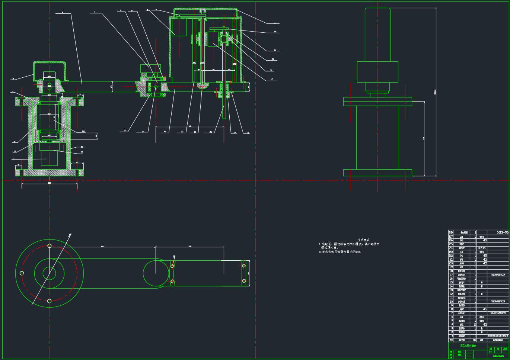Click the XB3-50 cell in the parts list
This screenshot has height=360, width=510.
point(503,232)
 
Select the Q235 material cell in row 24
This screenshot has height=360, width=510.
point(481,248)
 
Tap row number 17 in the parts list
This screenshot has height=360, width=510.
point(451,275)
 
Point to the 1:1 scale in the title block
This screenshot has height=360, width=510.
point(491,351)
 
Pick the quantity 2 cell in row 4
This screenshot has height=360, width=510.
point(475,325)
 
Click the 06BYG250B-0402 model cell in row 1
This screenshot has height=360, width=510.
point(498,336)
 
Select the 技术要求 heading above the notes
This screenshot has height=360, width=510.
point(363,240)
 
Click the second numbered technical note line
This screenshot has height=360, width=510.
point(340,252)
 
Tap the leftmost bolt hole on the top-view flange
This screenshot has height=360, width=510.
point(22,273)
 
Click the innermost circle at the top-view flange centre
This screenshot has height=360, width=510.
point(49,273)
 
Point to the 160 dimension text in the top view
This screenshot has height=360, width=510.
point(190,246)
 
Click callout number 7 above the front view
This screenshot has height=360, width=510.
point(95,12)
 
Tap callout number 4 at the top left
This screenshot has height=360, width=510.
point(62,13)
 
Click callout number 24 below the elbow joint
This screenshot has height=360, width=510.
point(143,131)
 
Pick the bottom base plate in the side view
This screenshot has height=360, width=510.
point(377,173)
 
